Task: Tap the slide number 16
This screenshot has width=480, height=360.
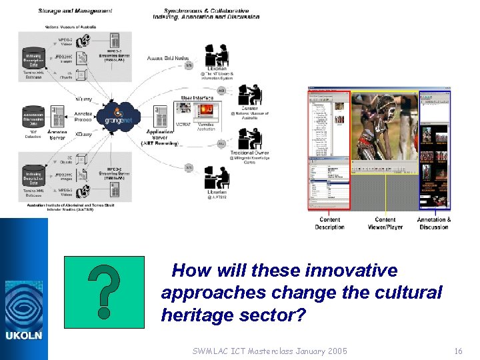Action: coord(457,351)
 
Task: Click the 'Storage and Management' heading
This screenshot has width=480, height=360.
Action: coord(75,11)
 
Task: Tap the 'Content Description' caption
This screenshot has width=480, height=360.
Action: coord(329,223)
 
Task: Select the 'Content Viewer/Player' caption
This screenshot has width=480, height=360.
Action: coord(385,223)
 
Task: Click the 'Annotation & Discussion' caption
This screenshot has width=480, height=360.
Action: coord(434,223)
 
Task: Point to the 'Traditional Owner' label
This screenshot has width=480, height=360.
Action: coord(249,153)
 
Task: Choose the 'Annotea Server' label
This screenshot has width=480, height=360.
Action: coord(57,135)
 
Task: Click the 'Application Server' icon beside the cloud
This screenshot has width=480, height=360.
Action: coord(161,115)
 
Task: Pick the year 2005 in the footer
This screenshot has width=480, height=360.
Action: coord(335,351)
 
